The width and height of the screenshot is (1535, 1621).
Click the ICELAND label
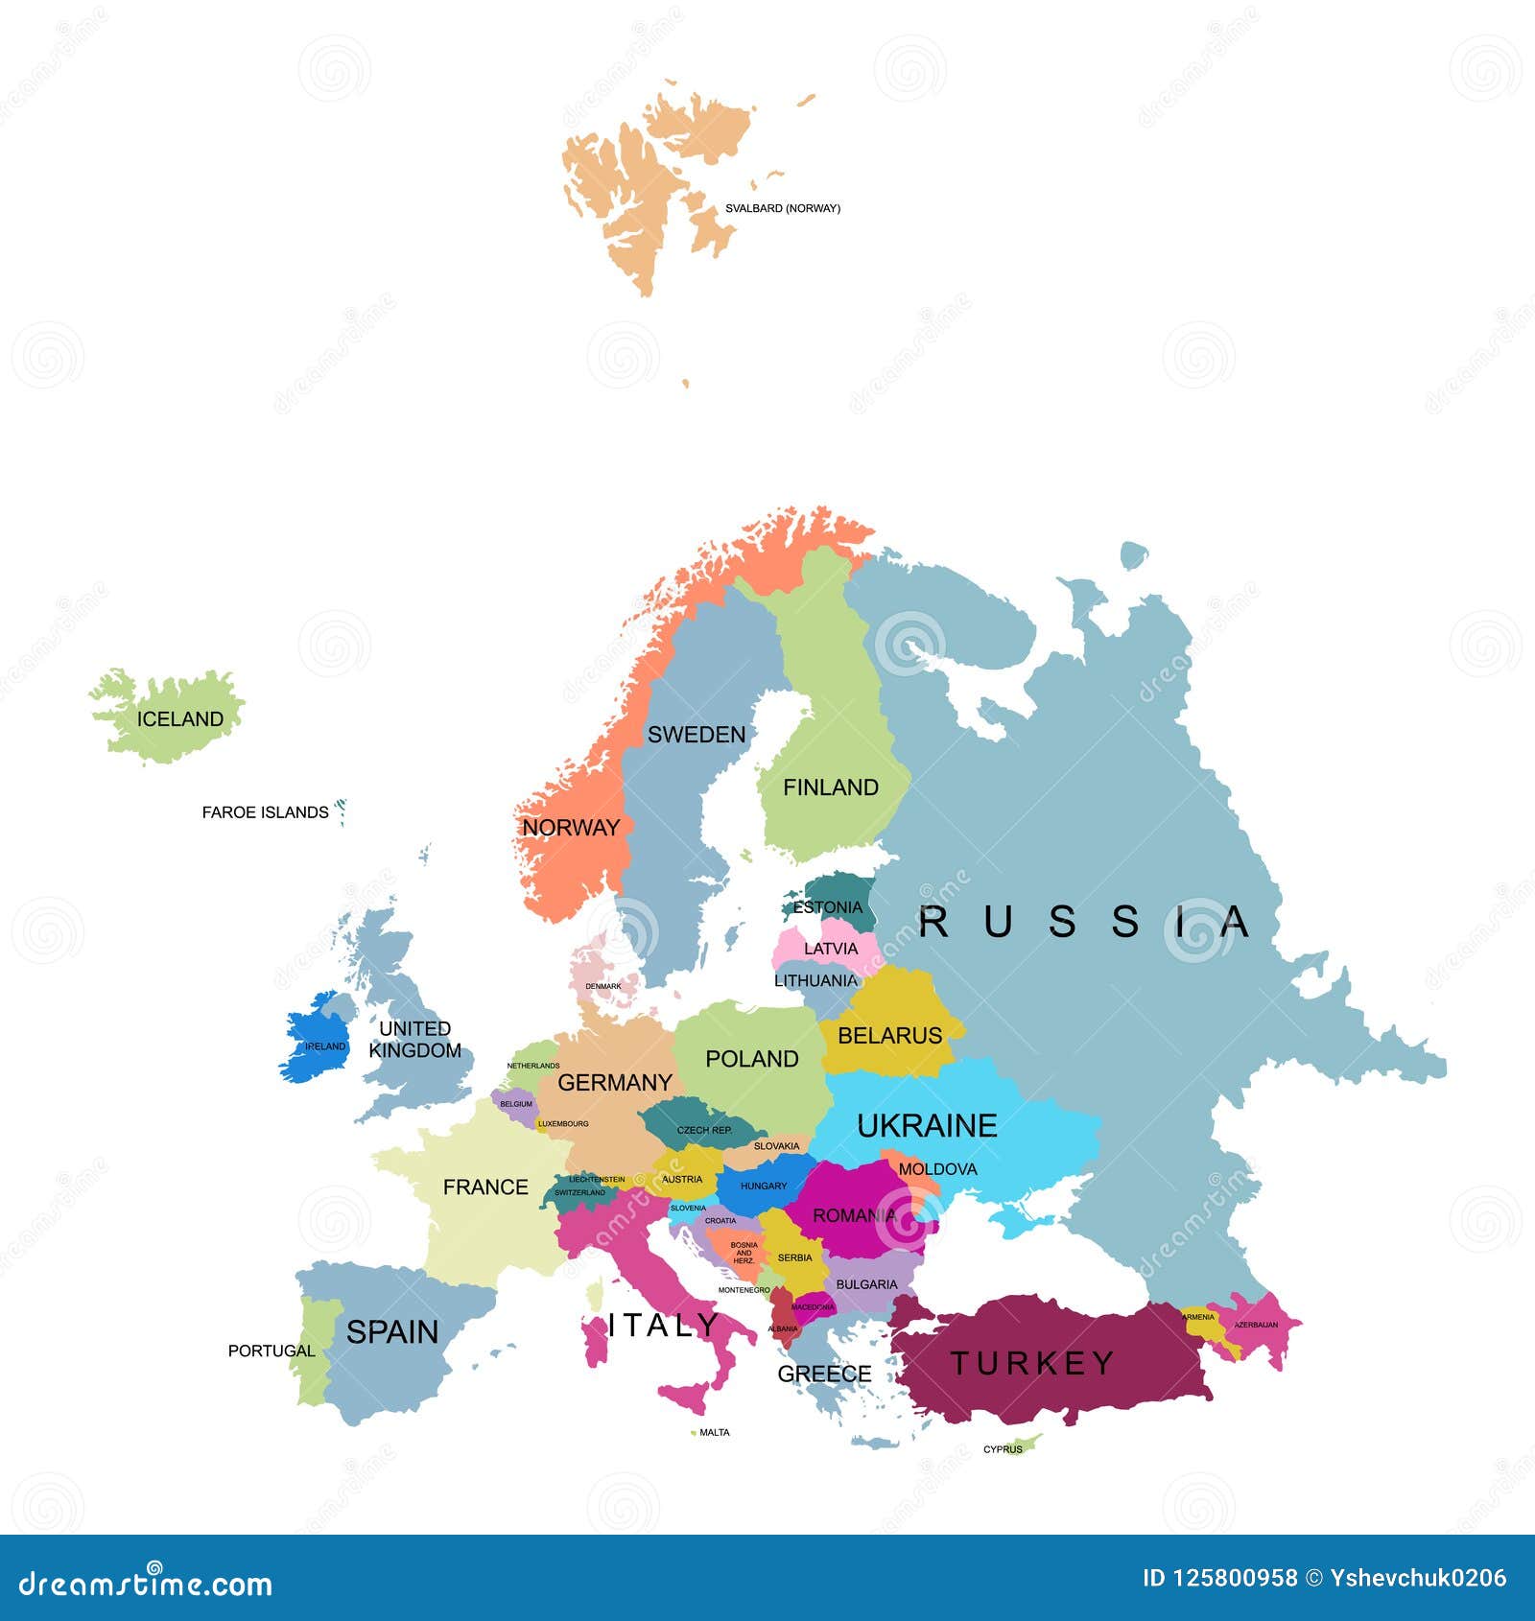click(x=179, y=719)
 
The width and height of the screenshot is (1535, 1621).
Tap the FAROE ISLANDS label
click(x=265, y=812)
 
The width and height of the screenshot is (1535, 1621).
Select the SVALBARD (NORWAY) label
click(x=782, y=208)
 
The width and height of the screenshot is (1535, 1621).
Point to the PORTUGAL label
click(x=272, y=1351)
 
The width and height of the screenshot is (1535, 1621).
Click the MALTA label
click(x=715, y=1432)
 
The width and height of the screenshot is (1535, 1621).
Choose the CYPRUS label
click(x=1003, y=1449)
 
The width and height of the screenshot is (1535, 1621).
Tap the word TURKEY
click(x=1032, y=1363)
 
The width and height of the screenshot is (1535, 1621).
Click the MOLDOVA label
click(x=937, y=1169)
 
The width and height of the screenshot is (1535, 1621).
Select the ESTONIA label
click(x=828, y=907)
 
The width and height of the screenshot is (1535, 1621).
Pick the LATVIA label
click(x=831, y=949)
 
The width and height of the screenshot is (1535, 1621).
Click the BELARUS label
click(x=889, y=1036)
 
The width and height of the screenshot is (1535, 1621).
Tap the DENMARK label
click(x=603, y=986)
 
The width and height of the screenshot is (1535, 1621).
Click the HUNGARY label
click(x=764, y=1186)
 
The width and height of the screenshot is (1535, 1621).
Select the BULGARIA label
click(x=866, y=1284)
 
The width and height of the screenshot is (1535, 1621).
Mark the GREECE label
click(x=824, y=1374)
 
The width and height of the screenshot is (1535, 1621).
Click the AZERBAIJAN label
click(x=1256, y=1325)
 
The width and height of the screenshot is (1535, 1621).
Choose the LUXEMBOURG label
click(x=563, y=1123)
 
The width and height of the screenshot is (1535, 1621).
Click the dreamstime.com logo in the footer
click(x=146, y=1584)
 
